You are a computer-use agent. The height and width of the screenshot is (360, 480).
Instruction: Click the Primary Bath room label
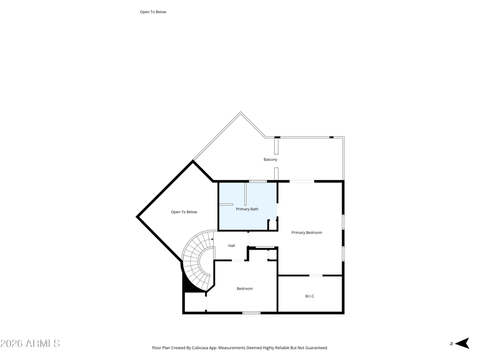click(x=247, y=209)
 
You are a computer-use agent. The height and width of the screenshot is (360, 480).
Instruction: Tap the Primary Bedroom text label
click(x=307, y=232)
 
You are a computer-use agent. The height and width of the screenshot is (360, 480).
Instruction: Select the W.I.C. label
click(x=310, y=296)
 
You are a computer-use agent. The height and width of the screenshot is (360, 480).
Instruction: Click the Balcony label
click(x=270, y=160)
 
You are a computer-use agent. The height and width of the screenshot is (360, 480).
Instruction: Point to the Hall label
click(x=231, y=245)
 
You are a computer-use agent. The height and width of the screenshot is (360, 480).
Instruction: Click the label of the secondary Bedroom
click(x=244, y=289)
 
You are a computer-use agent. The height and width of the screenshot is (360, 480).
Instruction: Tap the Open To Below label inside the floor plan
click(x=184, y=212)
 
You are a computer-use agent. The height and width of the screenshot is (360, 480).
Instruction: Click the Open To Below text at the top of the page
click(x=153, y=11)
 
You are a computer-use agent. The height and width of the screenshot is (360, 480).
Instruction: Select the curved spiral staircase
click(x=197, y=258)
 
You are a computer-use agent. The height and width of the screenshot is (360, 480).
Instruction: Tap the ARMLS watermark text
click(x=30, y=344)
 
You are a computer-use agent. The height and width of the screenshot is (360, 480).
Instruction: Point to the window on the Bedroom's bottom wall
click(x=251, y=313)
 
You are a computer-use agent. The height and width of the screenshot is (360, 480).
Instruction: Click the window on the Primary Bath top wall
click(x=258, y=181)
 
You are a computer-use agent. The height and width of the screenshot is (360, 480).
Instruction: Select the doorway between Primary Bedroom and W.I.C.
click(x=316, y=275)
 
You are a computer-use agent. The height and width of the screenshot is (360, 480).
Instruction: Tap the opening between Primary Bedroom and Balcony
click(x=302, y=181)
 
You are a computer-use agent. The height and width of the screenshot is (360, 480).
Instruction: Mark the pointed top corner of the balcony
click(x=241, y=112)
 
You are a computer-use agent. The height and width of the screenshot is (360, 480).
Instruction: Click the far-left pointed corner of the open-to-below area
click(x=137, y=216)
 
